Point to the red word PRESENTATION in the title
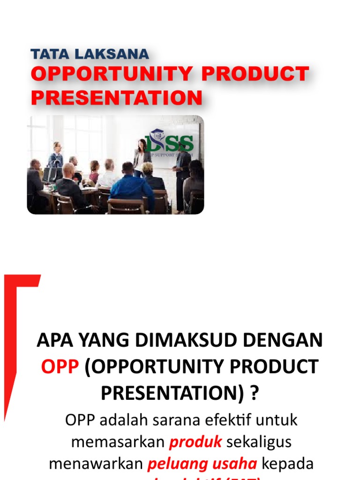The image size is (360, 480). click(117, 97)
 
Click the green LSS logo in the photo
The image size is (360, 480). click(169, 142)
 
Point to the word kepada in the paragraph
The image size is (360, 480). click(287, 464)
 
